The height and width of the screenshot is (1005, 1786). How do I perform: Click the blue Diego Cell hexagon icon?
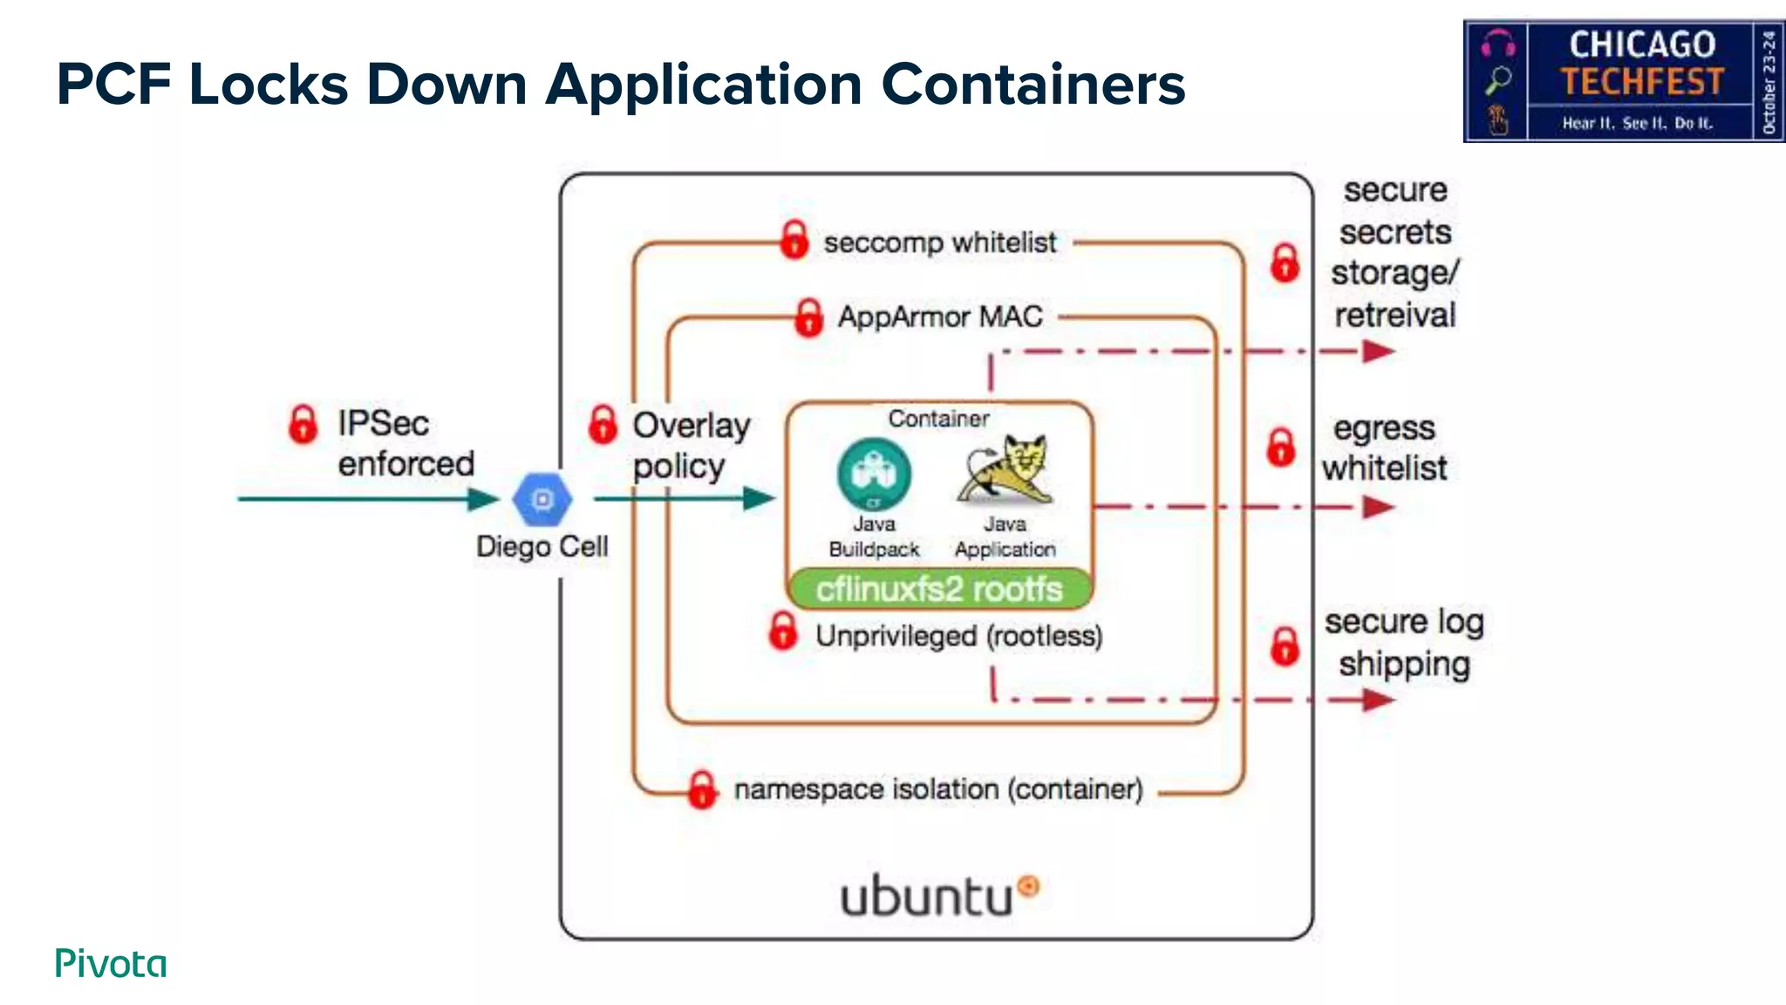[x=542, y=500]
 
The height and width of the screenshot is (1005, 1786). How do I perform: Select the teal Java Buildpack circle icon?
[x=874, y=474]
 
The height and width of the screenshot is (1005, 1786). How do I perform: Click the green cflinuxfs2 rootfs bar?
[x=939, y=590]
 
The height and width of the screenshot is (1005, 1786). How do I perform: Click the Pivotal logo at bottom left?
[x=111, y=963]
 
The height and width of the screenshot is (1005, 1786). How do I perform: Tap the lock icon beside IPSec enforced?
[x=303, y=424]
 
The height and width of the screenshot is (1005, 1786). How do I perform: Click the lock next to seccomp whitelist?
[x=794, y=239]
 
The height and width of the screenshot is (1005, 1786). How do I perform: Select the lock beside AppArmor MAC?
[x=808, y=318]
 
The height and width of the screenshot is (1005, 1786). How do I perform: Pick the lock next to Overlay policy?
[x=603, y=425]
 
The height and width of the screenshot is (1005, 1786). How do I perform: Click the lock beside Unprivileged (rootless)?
[x=783, y=631]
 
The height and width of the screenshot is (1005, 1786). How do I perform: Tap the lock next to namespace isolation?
[x=702, y=790]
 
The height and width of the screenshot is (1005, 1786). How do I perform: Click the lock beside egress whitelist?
[x=1280, y=447]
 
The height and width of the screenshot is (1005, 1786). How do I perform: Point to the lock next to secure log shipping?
[x=1285, y=646]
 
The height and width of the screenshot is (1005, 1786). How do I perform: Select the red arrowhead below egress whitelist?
[x=1378, y=507]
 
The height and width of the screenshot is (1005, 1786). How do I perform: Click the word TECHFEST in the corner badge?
[x=1641, y=82]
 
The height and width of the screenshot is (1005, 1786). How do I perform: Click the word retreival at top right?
[x=1394, y=315]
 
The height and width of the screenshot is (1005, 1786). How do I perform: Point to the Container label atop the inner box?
[x=938, y=419]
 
